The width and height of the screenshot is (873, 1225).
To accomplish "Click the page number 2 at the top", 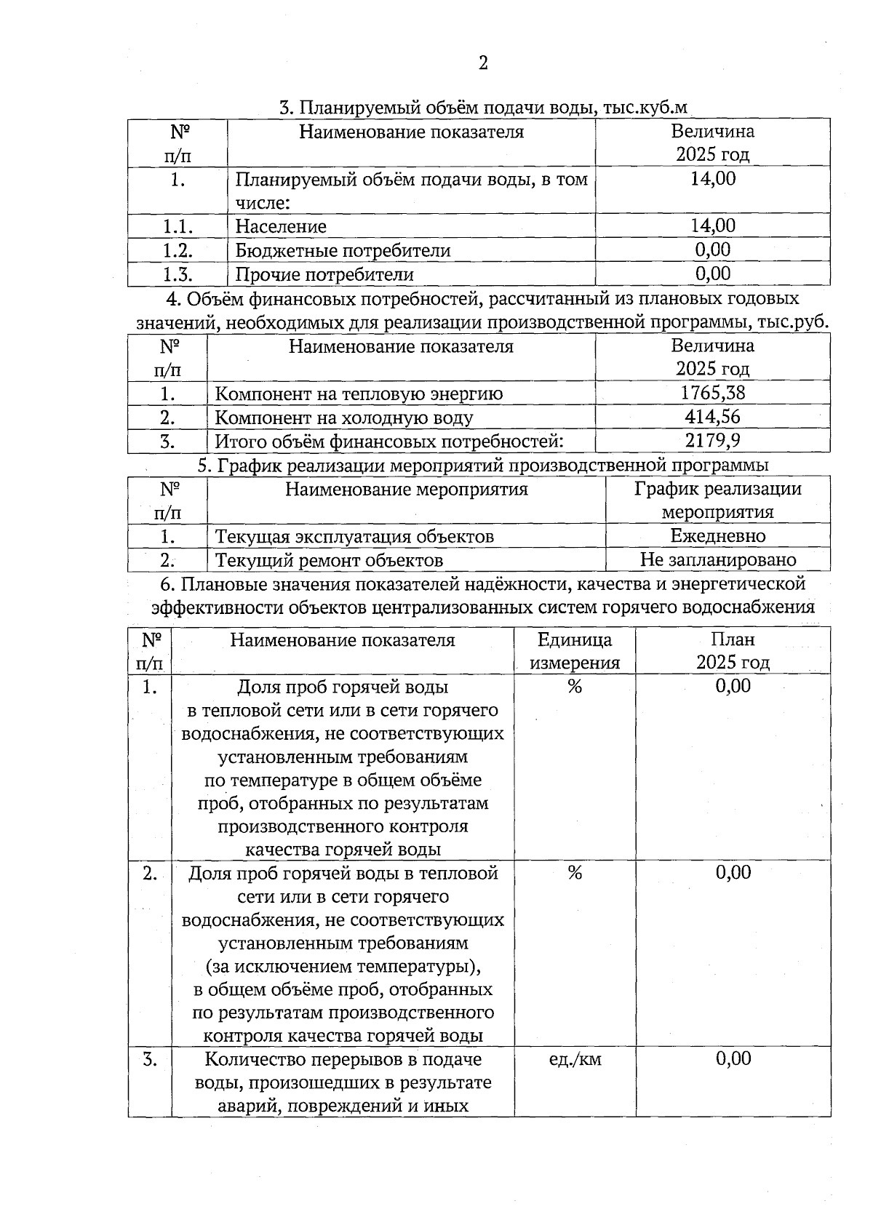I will point(483,63).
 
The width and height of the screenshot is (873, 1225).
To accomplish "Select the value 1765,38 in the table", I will point(712,394).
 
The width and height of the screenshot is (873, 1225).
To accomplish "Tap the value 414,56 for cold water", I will point(712,418).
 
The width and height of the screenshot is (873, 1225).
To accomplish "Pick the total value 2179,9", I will point(712,441).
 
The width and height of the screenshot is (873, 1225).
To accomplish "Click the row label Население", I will point(281,226).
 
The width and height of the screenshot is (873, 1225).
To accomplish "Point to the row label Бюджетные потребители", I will point(343,250).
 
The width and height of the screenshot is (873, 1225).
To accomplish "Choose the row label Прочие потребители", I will point(324,274).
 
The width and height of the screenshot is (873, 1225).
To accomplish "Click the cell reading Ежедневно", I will point(717,536).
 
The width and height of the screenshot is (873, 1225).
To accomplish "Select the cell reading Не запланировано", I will point(717,560).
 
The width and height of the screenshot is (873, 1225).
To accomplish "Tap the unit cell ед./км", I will point(575,1059).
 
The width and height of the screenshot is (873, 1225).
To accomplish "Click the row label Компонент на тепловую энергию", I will point(359,394).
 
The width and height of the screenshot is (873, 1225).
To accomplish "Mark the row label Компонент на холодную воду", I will point(344,418).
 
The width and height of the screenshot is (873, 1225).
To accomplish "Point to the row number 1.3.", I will point(178,274).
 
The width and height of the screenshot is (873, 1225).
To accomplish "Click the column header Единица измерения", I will point(575,651).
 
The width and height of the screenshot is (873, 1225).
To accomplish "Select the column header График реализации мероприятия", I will point(717,500).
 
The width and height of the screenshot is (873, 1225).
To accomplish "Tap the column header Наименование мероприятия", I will point(406,490).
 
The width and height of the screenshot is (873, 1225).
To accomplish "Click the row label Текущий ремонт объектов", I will point(329,560).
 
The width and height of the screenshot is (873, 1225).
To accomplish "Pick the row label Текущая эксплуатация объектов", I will point(354,536).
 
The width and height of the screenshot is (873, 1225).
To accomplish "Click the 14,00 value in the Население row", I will point(712,226).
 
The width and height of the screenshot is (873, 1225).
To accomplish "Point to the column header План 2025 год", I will point(733,651).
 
